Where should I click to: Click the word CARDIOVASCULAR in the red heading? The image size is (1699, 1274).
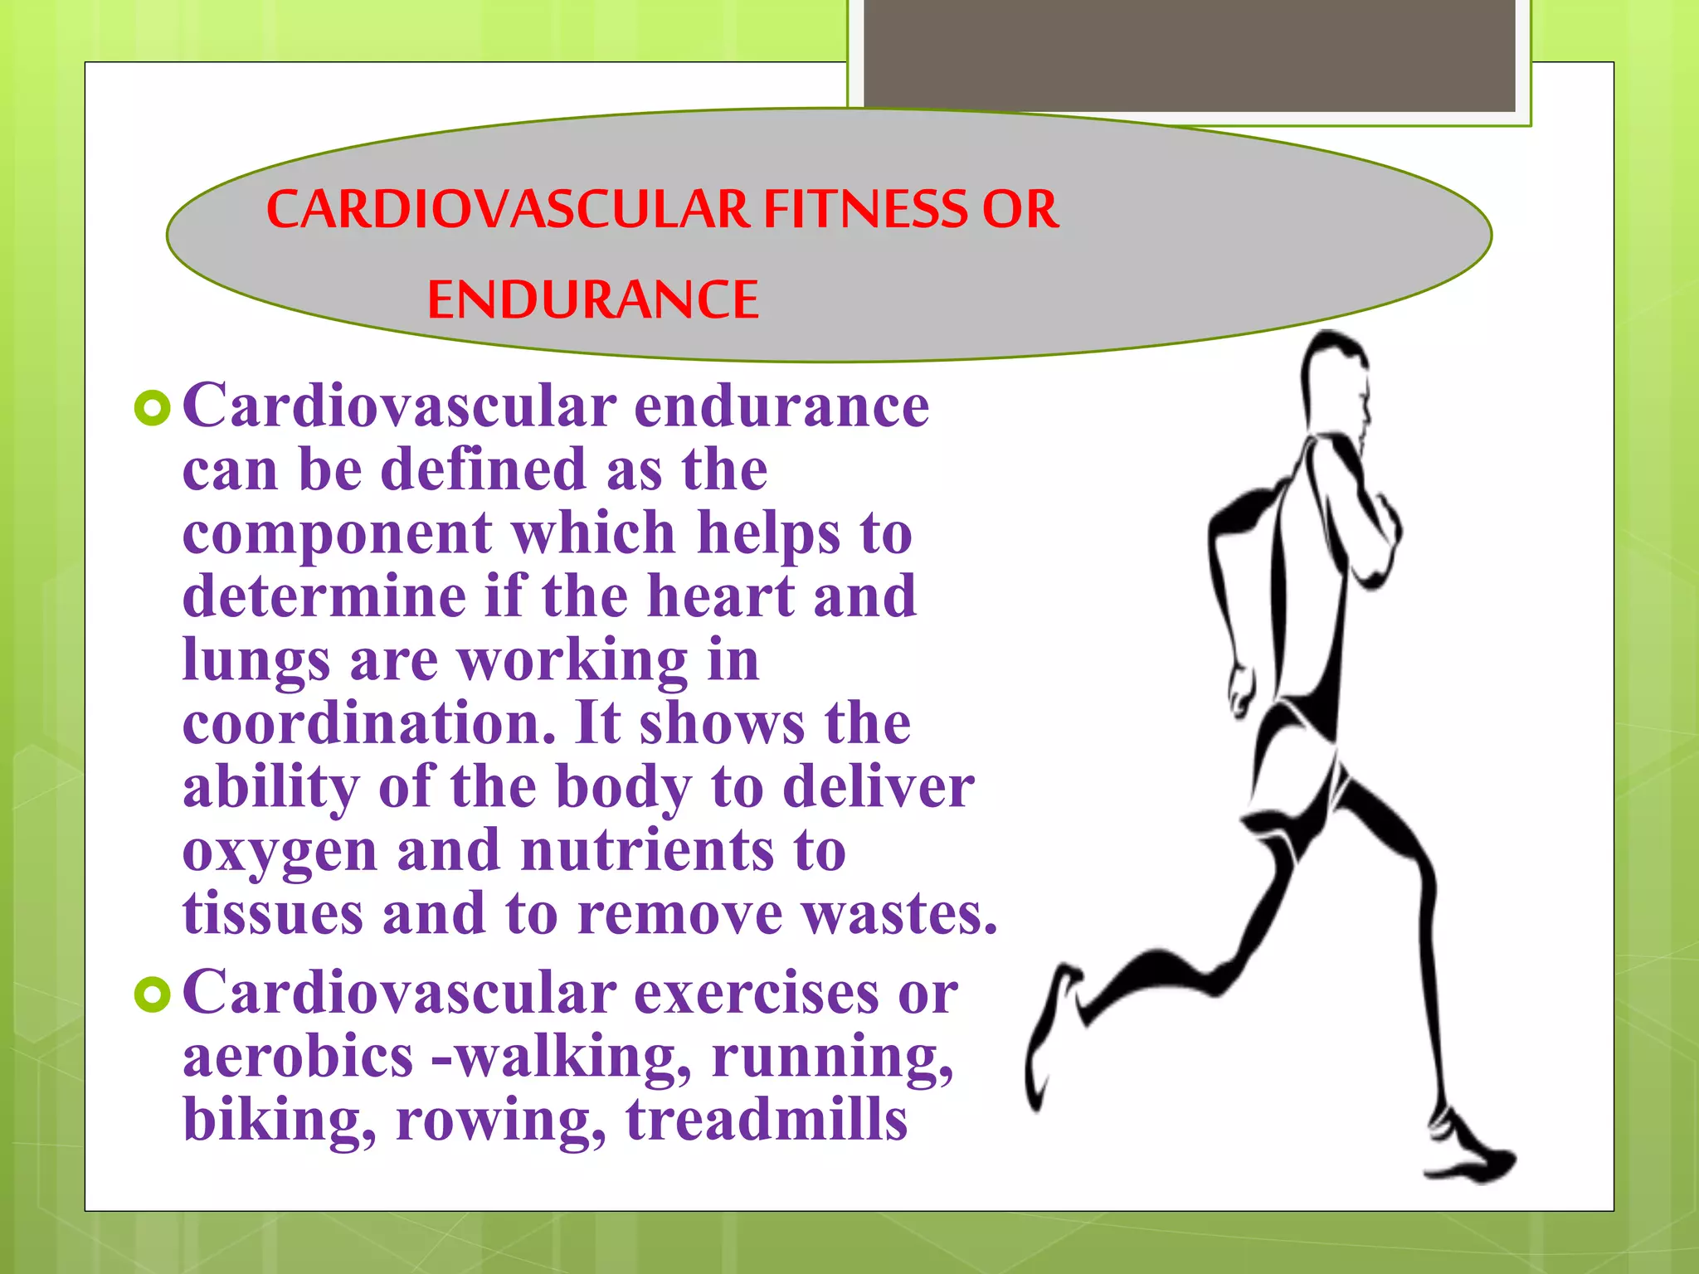pos(507,209)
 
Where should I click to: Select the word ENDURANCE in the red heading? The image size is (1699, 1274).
pos(592,300)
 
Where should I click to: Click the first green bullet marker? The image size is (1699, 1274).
pos(152,407)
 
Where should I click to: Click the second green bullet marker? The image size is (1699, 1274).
pos(152,994)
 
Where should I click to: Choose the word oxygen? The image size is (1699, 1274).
pos(280,853)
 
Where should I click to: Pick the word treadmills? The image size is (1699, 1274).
pos(767,1120)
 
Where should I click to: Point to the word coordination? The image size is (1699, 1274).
pos(368,723)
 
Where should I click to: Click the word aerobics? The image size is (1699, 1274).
pos(298,1057)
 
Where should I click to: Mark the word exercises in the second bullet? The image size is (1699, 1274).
pos(756,993)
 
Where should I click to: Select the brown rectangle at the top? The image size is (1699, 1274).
pos(1189,55)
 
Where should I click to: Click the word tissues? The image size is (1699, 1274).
pos(273,914)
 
